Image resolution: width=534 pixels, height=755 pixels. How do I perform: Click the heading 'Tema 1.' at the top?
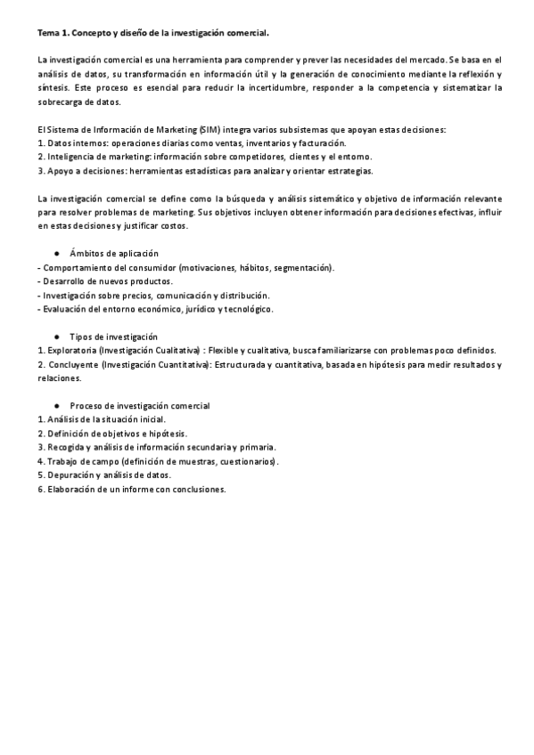click(x=53, y=33)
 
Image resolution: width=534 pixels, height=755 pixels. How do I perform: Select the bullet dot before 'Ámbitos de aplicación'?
click(x=57, y=254)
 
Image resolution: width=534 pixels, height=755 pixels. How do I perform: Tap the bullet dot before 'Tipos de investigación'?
click(x=57, y=337)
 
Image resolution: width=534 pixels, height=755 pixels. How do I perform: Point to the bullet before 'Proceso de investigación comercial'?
click(x=57, y=406)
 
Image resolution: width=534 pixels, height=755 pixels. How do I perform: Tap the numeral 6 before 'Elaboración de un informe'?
click(x=40, y=489)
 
